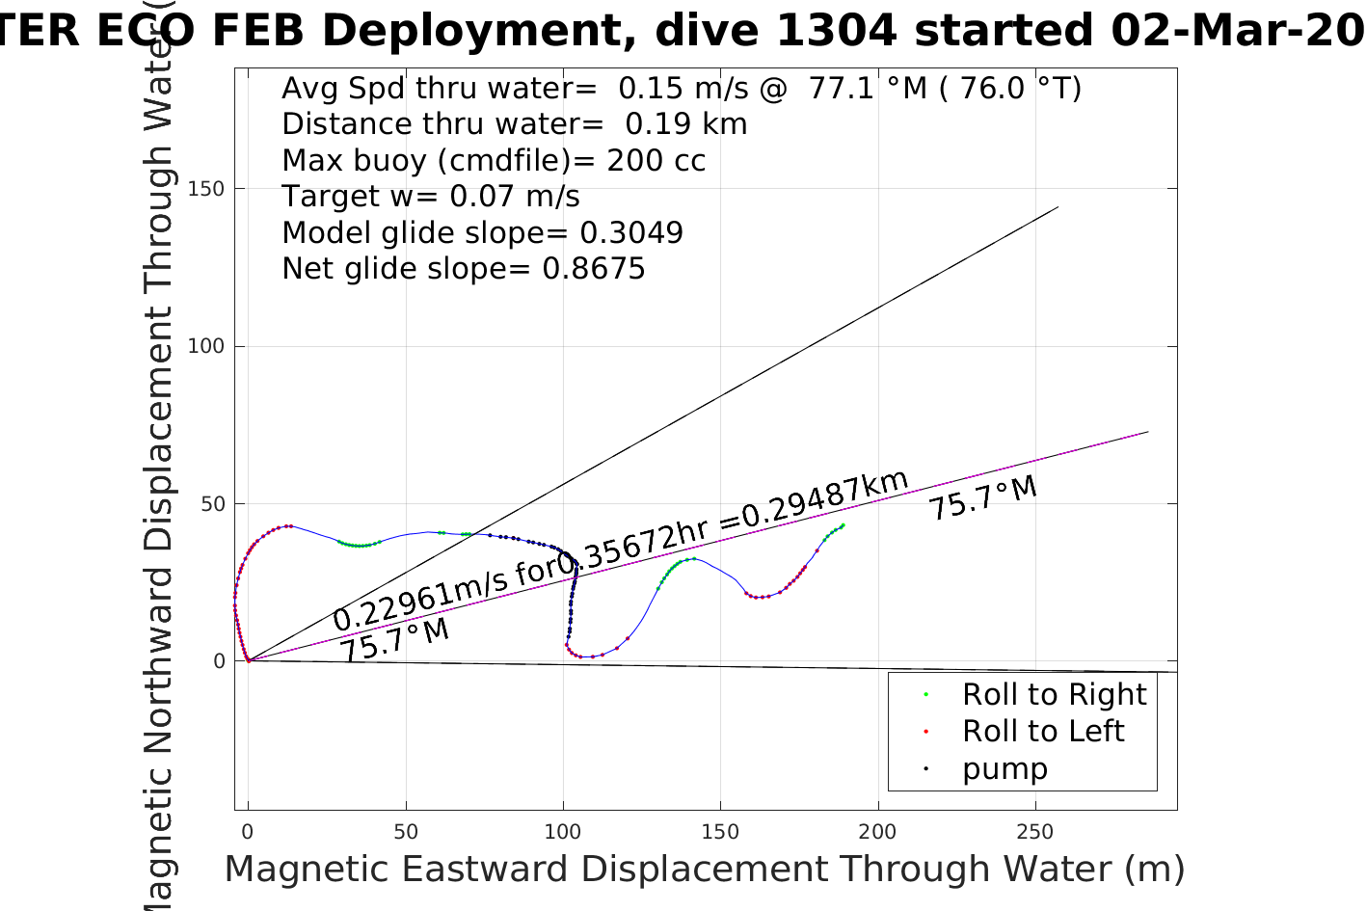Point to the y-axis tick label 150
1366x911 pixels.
coord(206,189)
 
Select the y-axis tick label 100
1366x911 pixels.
coord(206,346)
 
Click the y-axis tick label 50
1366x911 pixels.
coord(212,504)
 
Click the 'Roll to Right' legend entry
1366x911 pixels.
coord(1054,694)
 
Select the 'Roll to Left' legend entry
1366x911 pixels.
coord(1042,732)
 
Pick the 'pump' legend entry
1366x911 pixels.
coord(1004,769)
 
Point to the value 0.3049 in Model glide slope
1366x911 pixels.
coord(630,233)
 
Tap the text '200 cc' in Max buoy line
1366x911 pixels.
coord(656,161)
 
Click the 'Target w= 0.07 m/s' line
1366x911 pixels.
coord(430,197)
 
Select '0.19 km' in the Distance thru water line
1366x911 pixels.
coord(685,124)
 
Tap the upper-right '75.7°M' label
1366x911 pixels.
coord(982,497)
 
